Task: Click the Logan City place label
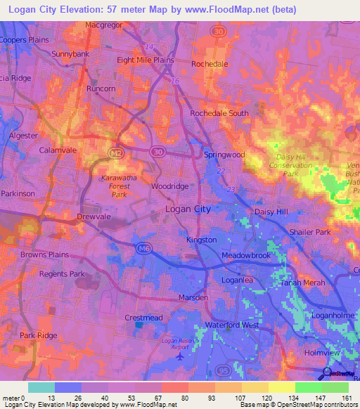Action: click(x=188, y=209)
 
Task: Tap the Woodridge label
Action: click(x=170, y=186)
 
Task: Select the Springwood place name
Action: click(x=224, y=154)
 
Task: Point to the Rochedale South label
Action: click(x=219, y=113)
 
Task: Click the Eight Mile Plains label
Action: click(x=146, y=60)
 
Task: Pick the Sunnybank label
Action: click(x=70, y=53)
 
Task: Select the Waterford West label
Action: click(x=232, y=325)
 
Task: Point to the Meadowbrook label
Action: click(x=246, y=255)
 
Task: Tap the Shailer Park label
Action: click(x=310, y=232)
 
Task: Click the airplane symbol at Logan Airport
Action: click(x=181, y=356)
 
